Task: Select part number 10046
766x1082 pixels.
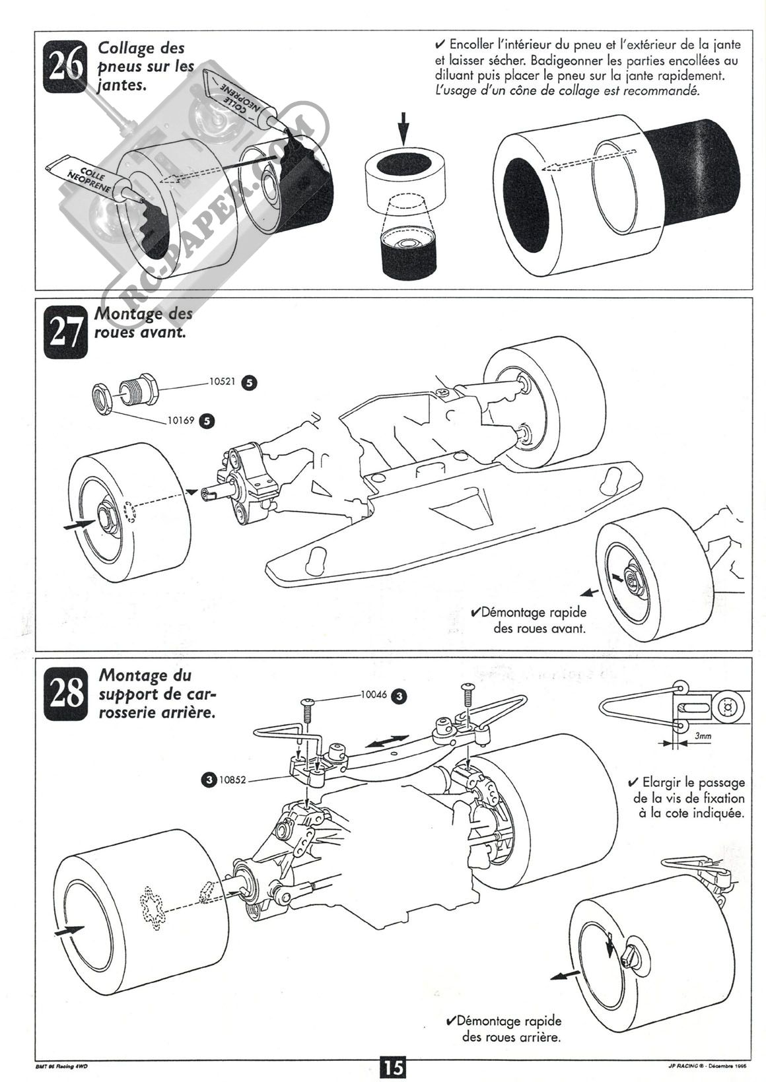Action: pyautogui.click(x=374, y=695)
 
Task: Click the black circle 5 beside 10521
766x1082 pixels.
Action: pyautogui.click(x=250, y=382)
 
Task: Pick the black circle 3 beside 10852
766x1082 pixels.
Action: pyautogui.click(x=209, y=780)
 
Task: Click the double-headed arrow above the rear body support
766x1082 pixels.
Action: pyautogui.click(x=388, y=741)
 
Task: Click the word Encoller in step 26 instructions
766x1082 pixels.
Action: pyautogui.click(x=473, y=44)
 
